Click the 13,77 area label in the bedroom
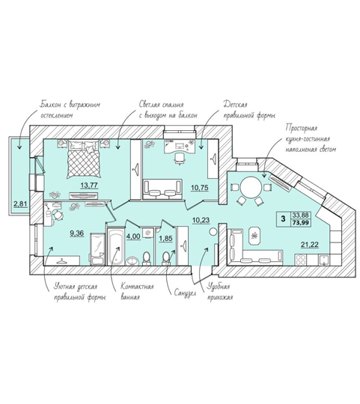click(89, 186)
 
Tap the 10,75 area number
click(200, 188)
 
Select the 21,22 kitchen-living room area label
click(310, 245)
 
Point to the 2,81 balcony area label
click(20, 204)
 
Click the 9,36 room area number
click(77, 233)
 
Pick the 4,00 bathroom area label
click(133, 236)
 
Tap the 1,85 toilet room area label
click(165, 239)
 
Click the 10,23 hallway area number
click(201, 220)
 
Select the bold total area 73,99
click(300, 223)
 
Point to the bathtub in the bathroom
click(116, 246)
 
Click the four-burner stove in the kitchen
click(301, 260)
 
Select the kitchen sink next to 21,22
click(324, 260)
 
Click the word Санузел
click(185, 293)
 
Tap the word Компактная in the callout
click(137, 287)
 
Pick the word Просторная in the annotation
click(302, 128)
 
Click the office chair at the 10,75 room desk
click(180, 158)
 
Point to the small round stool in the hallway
click(213, 232)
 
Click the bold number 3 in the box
click(284, 219)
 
